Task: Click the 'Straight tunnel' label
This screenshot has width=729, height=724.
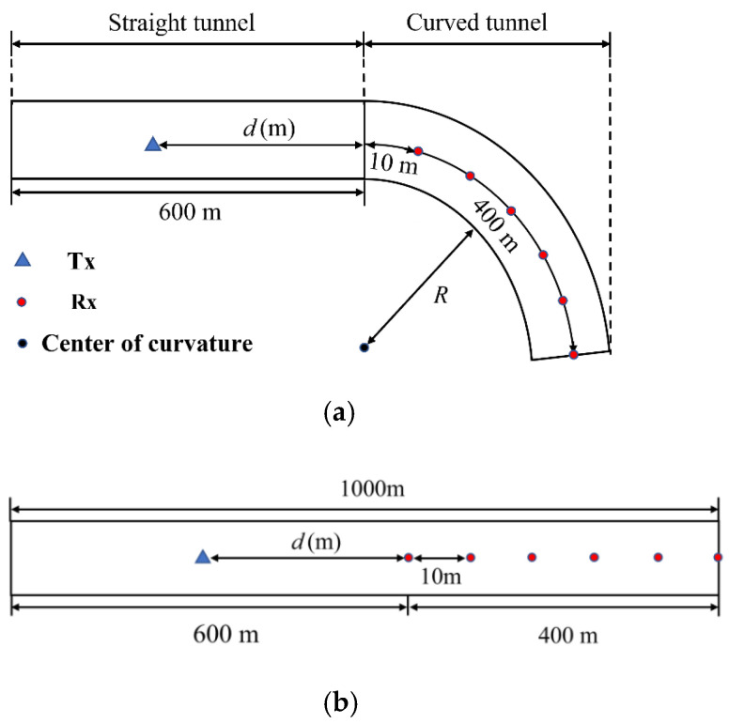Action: point(180,23)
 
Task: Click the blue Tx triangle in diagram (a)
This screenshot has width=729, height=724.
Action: point(153,144)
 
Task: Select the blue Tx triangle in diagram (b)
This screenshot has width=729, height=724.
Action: point(202,557)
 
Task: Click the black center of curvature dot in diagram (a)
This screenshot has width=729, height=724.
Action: point(364,347)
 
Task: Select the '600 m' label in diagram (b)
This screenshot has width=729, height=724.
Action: point(226,635)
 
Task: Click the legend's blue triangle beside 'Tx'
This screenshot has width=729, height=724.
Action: point(24,259)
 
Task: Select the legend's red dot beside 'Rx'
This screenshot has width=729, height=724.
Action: point(24,302)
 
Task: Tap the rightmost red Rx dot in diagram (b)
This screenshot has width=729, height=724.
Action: point(718,557)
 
